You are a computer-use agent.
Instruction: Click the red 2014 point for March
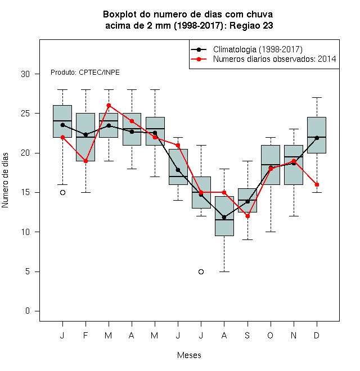109,105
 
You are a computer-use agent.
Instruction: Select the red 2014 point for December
317,184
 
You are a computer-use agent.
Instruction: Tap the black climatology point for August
224,217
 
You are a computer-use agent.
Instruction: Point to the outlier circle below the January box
62,193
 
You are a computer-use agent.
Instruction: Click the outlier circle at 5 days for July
201,272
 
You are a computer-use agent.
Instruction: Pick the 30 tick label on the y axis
25,74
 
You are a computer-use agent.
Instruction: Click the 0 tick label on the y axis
28,311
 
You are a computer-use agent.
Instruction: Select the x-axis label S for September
247,335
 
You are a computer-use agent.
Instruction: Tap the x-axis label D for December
317,335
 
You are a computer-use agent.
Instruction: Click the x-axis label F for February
85,335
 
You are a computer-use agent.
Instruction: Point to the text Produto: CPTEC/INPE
85,72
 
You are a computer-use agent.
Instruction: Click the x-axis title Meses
189,355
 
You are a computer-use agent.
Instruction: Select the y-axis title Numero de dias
5,180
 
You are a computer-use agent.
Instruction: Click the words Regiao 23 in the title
251,25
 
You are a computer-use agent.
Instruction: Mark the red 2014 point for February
85,161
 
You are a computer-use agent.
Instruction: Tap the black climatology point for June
178,170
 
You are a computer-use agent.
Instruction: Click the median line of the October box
271,165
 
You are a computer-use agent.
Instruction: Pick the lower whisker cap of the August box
224,272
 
